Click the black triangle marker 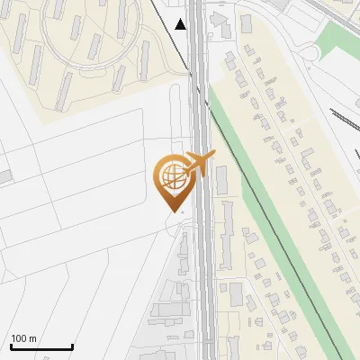pyautogui.click(x=181, y=24)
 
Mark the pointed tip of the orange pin pyautogui.click(x=172, y=211)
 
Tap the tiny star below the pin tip pyautogui.click(x=183, y=212)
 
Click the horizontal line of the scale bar pyautogui.click(x=41, y=347)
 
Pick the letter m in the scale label pyautogui.click(x=31, y=338)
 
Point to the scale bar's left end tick pyautogui.click(x=11, y=345)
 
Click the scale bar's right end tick pyautogui.click(x=72, y=345)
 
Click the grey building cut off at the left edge pyautogui.click(x=4, y=175)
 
